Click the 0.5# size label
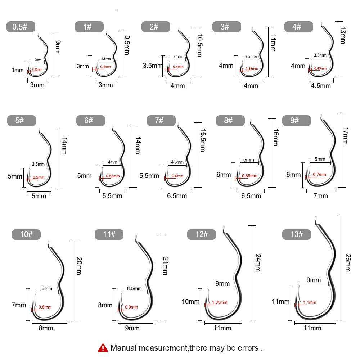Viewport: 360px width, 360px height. [21, 27]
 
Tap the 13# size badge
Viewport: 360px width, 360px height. [297, 234]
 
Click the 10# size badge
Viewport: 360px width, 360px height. [26, 234]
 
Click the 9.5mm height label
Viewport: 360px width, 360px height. [126, 45]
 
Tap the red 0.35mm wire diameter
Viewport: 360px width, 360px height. [37, 69]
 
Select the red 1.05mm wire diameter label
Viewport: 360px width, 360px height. [220, 302]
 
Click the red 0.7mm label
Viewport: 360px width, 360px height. [319, 174]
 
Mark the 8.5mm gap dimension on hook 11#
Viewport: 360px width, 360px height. [134, 288]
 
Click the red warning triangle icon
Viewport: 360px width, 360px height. [103, 348]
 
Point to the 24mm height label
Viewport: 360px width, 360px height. [258, 262]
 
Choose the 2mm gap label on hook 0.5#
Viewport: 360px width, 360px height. [38, 60]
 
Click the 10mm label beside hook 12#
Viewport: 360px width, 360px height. [191, 301]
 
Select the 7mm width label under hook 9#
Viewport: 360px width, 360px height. [320, 195]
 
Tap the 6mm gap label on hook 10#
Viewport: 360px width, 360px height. [47, 288]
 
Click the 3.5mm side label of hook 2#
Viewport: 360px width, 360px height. [153, 66]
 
